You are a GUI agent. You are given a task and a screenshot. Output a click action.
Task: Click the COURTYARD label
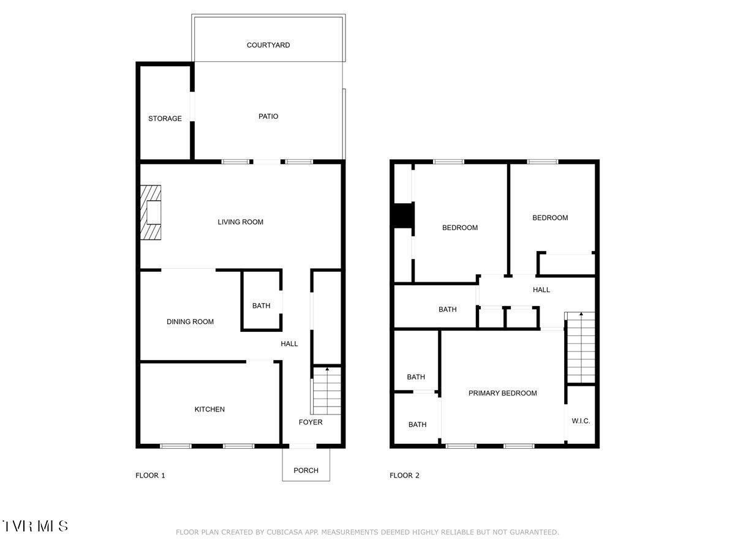tap(268, 45)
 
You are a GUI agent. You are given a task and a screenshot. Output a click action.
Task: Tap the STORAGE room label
tap(165, 119)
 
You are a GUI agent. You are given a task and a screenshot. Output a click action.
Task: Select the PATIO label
tap(268, 116)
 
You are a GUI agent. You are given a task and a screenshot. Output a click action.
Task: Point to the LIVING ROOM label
tap(240, 222)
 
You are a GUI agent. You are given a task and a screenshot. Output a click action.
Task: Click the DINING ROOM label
tap(190, 321)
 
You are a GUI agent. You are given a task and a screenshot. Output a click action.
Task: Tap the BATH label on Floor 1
tap(261, 306)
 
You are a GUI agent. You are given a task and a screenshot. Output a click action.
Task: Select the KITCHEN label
tap(209, 409)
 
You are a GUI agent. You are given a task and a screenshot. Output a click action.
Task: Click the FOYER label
tap(310, 422)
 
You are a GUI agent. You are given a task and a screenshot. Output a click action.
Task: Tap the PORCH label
tap(306, 470)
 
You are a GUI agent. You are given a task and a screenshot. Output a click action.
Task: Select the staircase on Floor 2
tap(580, 347)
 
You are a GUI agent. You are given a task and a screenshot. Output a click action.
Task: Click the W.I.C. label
tap(581, 421)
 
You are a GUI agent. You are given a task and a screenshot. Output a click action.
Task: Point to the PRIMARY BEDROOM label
tap(502, 393)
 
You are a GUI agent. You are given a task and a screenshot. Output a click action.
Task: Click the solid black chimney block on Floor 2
tap(403, 216)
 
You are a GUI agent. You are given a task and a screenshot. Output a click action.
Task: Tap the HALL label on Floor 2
tap(541, 290)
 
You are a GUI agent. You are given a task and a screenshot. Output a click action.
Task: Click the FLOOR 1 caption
tap(150, 476)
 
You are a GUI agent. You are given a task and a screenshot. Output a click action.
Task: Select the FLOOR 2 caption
tap(404, 476)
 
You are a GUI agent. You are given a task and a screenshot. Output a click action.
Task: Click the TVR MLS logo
tap(35, 526)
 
